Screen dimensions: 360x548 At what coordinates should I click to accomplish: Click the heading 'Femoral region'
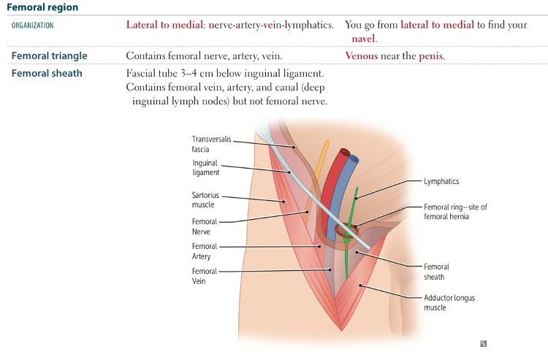(x=42, y=7)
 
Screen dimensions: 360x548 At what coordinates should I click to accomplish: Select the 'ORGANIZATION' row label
(x=32, y=25)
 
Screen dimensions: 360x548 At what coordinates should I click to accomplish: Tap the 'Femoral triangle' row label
(x=49, y=55)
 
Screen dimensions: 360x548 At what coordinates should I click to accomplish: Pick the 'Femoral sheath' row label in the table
(x=47, y=73)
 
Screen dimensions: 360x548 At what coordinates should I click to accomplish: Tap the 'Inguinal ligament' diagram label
(x=205, y=168)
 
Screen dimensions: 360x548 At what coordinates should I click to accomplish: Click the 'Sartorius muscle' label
(x=205, y=200)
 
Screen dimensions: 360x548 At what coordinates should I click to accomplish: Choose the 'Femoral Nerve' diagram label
(x=204, y=226)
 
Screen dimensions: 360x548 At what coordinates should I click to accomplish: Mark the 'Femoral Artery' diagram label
(x=204, y=251)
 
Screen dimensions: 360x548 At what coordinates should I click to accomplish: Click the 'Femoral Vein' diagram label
(x=204, y=276)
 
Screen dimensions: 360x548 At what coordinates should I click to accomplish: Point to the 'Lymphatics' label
(x=441, y=181)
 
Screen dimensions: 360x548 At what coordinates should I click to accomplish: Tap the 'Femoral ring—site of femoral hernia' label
(x=455, y=212)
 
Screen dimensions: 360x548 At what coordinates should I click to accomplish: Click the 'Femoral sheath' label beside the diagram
(x=436, y=272)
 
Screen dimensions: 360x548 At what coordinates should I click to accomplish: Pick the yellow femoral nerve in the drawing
(x=321, y=157)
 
